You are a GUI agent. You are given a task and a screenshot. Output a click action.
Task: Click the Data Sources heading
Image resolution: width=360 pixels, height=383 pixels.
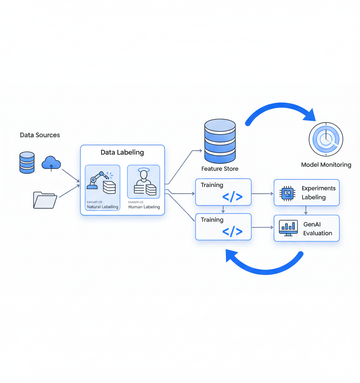40,135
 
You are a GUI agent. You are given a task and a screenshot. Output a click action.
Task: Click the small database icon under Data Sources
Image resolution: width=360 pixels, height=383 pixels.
27,162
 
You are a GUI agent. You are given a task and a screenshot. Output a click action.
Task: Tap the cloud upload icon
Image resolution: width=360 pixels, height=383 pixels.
51,163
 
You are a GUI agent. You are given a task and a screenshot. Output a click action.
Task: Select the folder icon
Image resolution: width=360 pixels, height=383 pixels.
45,200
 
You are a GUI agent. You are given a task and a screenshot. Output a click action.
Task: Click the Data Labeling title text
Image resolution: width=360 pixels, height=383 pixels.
122,152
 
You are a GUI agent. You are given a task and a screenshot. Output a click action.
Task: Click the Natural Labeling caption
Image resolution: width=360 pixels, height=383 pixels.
102,207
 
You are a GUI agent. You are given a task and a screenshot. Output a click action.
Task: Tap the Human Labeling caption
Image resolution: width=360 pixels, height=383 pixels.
144,207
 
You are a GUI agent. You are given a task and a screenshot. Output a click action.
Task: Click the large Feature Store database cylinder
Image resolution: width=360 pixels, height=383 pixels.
220,141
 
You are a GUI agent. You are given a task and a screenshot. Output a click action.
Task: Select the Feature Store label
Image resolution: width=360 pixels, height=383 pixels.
220,169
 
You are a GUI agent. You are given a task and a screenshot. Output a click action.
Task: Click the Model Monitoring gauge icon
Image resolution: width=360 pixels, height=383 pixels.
326,139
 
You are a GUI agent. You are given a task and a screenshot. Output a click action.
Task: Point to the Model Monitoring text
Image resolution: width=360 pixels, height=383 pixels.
326,165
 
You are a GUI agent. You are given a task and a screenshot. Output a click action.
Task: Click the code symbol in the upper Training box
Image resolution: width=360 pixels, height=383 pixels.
232,197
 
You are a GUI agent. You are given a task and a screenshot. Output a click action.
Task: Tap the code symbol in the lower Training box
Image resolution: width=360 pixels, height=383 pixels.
232,231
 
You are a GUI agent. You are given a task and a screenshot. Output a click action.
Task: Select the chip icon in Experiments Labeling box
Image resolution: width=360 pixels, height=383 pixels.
287,193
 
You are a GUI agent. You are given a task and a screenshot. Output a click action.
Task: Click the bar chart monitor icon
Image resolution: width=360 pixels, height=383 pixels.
289,228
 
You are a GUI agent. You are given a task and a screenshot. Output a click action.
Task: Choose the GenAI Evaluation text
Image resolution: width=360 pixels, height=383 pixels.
318,229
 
